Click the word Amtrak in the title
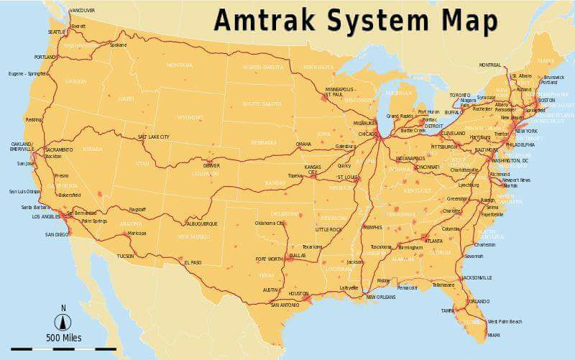(267, 20)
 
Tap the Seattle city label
(56, 32)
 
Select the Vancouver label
(82, 11)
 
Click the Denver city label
(211, 166)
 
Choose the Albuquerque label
(201, 223)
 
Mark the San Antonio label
(285, 305)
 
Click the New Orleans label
(381, 297)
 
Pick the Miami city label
(494, 335)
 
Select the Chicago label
(367, 134)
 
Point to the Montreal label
(489, 65)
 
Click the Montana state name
(180, 65)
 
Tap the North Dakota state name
(263, 67)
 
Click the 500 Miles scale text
(64, 338)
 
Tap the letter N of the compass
(63, 308)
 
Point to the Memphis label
(373, 228)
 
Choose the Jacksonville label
(477, 277)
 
